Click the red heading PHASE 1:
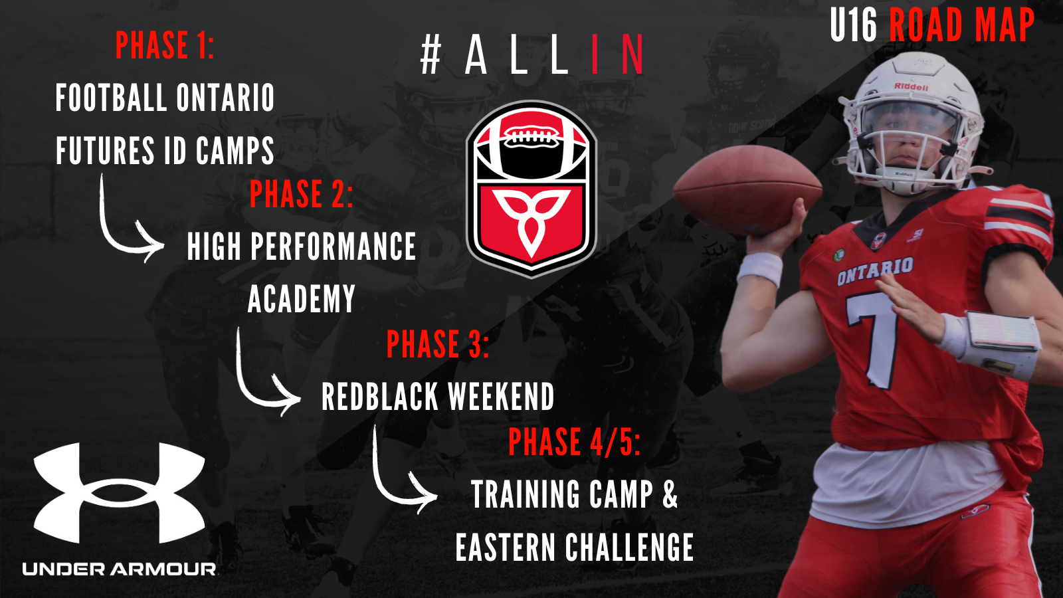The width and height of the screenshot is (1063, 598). pos(165,46)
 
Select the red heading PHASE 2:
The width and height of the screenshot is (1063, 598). pos(302,193)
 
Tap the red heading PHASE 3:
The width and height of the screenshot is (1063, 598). pos(438,344)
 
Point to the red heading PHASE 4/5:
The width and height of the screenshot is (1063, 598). pos(574,442)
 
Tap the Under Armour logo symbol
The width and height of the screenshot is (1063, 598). pos(119,492)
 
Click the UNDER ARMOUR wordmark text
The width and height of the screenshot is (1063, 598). pos(119,569)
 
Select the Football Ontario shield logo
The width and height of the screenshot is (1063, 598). pos(531,189)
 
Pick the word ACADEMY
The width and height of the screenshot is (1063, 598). pos(302,298)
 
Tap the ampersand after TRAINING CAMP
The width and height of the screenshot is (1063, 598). pos(670,494)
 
